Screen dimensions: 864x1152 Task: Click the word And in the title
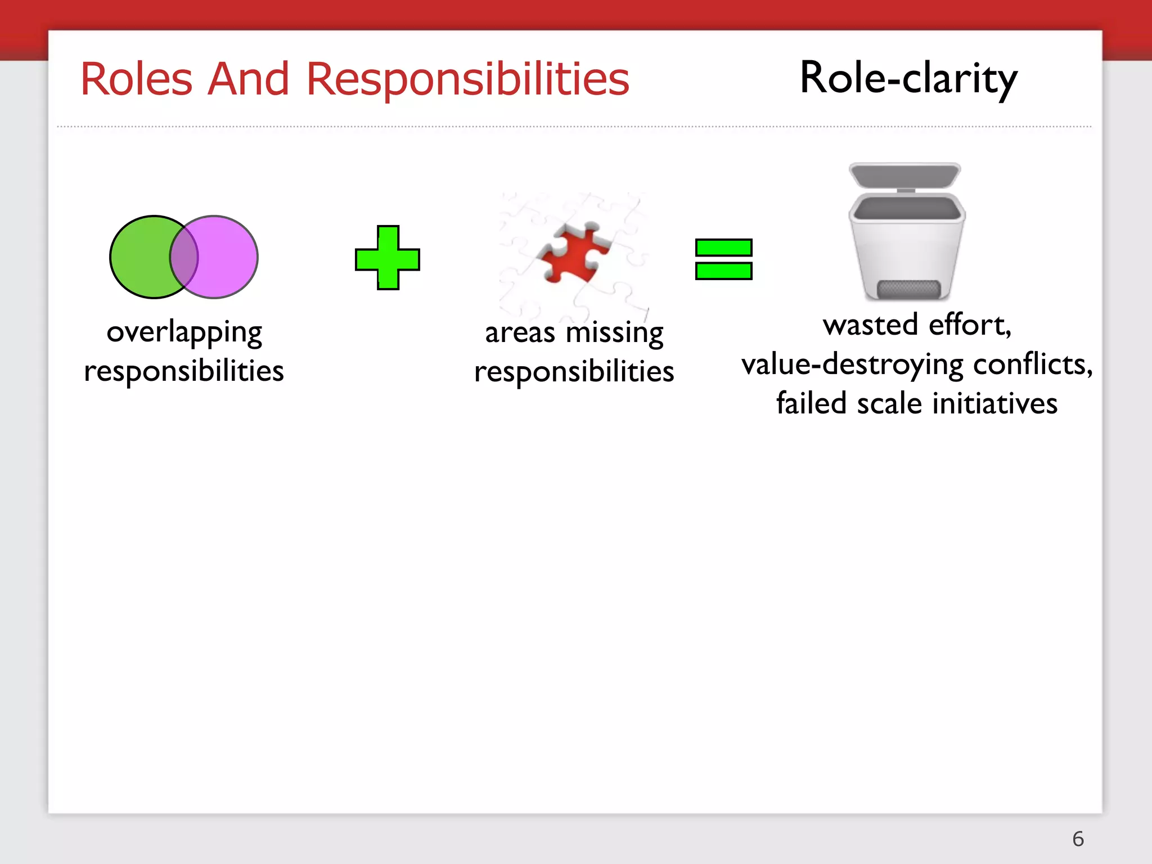[x=248, y=79]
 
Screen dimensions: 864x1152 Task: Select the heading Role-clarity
[x=908, y=78]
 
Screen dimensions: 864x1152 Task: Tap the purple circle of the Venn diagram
[x=228, y=257]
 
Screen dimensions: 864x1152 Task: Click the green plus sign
[x=388, y=258]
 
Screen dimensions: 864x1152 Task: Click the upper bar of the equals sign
[x=723, y=247]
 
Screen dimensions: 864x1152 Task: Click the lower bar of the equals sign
[x=723, y=271]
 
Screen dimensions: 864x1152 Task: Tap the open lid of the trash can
[x=904, y=175]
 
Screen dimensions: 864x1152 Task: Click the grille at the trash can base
[x=908, y=290]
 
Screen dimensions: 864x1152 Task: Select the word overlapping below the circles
[x=184, y=332]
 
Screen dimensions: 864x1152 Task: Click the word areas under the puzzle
[x=520, y=332]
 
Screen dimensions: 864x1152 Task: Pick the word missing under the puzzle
[x=614, y=332]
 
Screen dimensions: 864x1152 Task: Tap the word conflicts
[x=1033, y=364]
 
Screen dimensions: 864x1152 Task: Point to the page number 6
[x=1078, y=839]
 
